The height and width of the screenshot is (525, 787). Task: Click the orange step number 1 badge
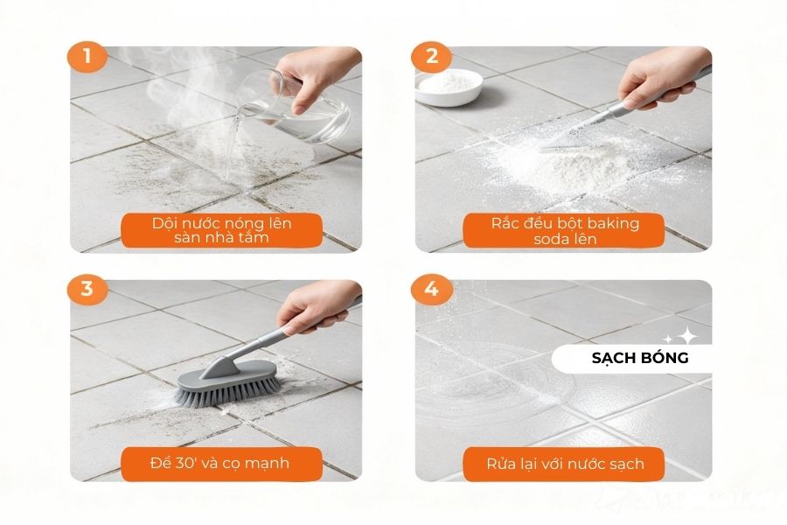coord(87,57)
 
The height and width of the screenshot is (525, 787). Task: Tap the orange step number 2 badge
coord(432,57)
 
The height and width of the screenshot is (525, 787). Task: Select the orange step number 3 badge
coord(87,290)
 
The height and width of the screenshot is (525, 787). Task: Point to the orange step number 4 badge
coord(432,290)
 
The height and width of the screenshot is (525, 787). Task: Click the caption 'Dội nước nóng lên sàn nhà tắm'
coord(221,231)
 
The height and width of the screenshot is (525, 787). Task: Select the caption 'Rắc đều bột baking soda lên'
coord(564,231)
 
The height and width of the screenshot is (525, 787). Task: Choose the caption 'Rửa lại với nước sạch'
coord(564,463)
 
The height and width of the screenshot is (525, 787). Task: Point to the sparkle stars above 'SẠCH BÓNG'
coord(680,336)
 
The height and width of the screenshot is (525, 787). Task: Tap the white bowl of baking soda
coord(449,87)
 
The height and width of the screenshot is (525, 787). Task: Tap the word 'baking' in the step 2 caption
coord(612,223)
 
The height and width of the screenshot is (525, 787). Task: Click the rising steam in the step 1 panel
coord(166,96)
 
